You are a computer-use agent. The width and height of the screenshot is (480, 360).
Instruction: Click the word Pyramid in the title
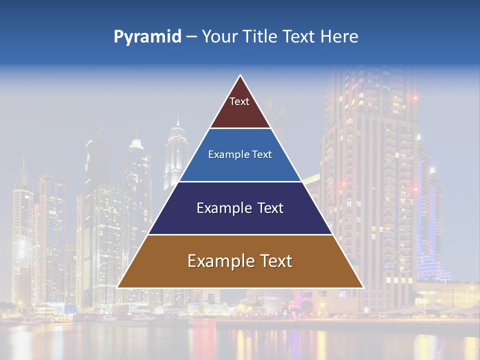pos(147,37)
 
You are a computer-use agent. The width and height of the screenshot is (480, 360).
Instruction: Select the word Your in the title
pos(220,37)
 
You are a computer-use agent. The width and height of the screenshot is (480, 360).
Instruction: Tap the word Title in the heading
pos(260,37)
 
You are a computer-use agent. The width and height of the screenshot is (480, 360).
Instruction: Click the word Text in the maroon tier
pos(239,101)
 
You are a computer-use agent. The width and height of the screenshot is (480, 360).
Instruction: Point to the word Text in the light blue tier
pos(262,154)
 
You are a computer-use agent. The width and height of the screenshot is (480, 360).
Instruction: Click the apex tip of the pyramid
pos(240,76)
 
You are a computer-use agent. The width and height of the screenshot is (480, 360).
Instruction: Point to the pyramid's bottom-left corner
pos(118,287)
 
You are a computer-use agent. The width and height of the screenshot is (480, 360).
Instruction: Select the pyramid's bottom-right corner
pos(362,287)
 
